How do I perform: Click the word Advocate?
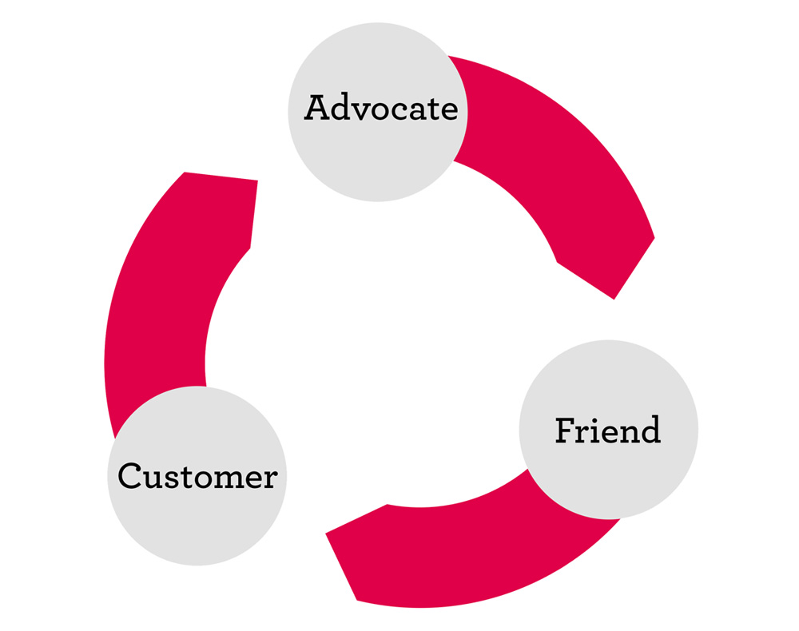(380, 108)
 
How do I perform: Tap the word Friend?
(608, 431)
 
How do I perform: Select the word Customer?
(197, 477)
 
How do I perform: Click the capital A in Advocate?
(316, 108)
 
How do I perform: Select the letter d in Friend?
(649, 431)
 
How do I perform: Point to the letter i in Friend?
(592, 429)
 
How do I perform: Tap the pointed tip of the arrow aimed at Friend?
(614, 298)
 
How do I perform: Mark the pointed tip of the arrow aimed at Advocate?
(257, 181)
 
